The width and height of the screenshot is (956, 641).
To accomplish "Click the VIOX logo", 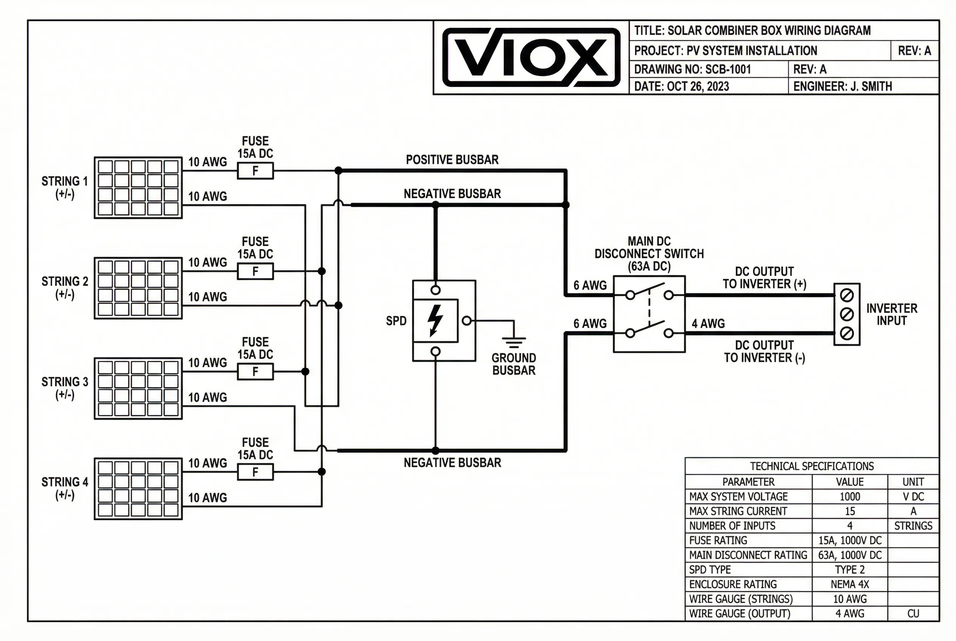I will tap(531, 57).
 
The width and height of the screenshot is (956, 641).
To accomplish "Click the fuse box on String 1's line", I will tap(255, 171).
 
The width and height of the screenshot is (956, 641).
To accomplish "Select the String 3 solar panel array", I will tap(138, 389).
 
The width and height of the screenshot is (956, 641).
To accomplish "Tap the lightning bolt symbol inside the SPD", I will tap(435, 320).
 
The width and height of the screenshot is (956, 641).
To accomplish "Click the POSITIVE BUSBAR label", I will tap(452, 160).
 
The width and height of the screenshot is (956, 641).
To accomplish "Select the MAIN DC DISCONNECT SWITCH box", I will tap(649, 314).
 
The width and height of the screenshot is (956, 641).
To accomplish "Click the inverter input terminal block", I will tap(846, 314).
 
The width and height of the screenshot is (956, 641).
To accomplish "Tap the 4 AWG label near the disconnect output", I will tap(708, 324).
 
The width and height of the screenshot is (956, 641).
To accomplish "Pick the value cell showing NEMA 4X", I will tap(849, 584).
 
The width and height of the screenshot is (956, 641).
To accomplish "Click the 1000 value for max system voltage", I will tap(849, 497).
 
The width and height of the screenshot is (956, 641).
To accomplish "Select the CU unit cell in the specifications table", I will tap(913, 614).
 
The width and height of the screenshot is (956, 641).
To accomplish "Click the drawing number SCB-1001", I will tap(728, 70).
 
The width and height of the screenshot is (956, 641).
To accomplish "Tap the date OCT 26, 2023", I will tap(697, 87).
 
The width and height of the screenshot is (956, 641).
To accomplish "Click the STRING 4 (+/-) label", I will tap(65, 488).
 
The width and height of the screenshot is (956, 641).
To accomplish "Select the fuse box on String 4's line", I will tap(255, 472).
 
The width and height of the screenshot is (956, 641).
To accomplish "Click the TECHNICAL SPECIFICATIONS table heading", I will tap(811, 466).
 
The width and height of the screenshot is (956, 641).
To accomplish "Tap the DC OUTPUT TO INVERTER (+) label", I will tap(764, 278).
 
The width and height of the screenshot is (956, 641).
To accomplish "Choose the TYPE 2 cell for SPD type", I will tap(849, 570).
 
